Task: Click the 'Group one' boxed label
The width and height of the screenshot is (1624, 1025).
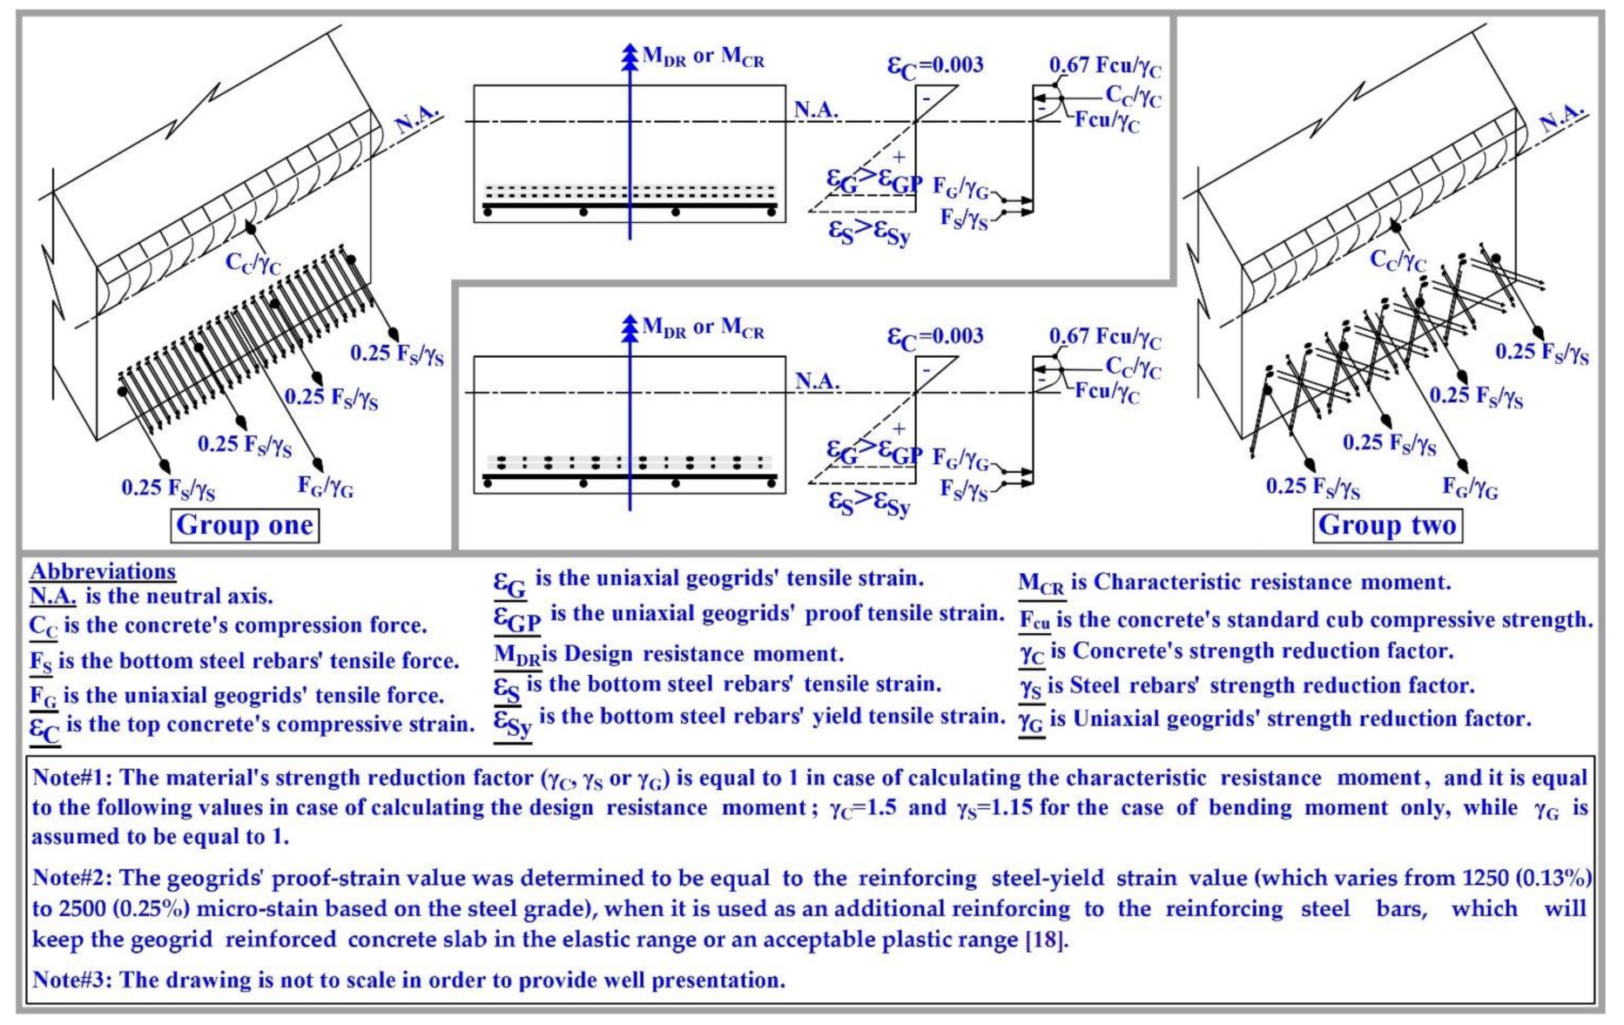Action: [x=245, y=525]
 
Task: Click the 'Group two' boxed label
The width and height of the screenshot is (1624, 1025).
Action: [x=1386, y=525]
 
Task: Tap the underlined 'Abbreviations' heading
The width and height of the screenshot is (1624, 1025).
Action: [x=103, y=571]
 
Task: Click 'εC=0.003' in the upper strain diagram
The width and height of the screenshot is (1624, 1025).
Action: [x=935, y=66]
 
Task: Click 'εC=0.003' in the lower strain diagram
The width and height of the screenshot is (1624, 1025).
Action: [x=935, y=337]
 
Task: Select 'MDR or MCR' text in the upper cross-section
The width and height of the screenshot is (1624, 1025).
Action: [x=704, y=57]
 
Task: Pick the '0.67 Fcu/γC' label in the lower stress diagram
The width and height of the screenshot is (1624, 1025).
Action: [x=1104, y=337]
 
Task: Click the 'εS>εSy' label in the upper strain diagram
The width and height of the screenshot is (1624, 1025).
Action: [x=869, y=233]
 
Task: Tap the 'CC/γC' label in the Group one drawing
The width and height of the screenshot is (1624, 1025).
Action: [x=253, y=262]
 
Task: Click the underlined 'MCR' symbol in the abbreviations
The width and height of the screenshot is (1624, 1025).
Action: [x=1041, y=584]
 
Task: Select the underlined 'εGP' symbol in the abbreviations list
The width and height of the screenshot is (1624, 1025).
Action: [x=517, y=617]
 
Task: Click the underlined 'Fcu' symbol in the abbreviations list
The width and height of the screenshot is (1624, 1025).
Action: [x=1034, y=621]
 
